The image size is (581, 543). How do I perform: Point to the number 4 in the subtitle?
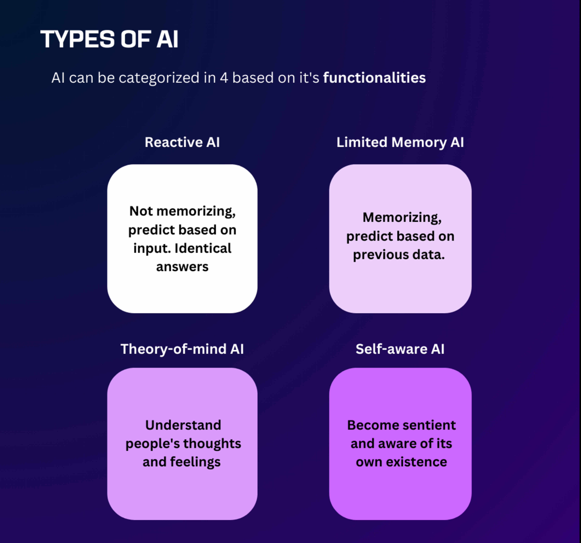pyautogui.click(x=224, y=78)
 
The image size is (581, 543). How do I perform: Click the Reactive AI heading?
pyautogui.click(x=182, y=142)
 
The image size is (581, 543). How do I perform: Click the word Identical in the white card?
pyautogui.click(x=203, y=248)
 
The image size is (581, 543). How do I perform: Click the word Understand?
pyautogui.click(x=183, y=425)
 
